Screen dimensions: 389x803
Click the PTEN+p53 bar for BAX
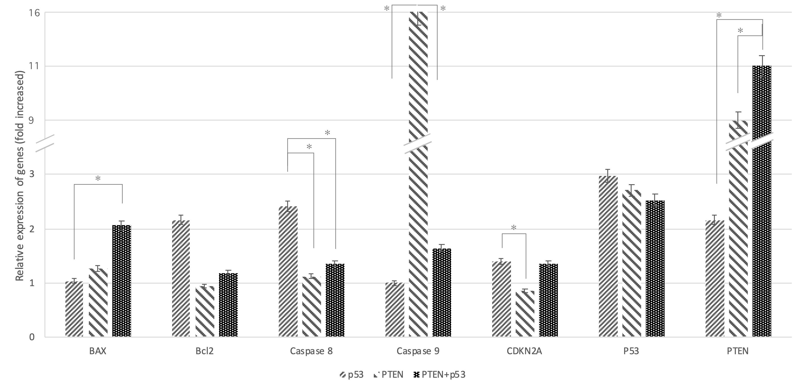pos(122,281)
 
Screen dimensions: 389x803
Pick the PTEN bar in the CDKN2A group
pos(525,313)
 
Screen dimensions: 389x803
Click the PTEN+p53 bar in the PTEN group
pos(762,218)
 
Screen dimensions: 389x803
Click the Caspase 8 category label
pos(311,351)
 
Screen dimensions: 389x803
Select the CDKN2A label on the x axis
pos(524,351)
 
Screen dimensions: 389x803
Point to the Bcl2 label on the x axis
pos(205,351)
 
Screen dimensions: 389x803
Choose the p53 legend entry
pos(352,375)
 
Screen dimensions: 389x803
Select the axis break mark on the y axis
pos(45,143)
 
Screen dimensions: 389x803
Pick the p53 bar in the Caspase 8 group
pos(288,271)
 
